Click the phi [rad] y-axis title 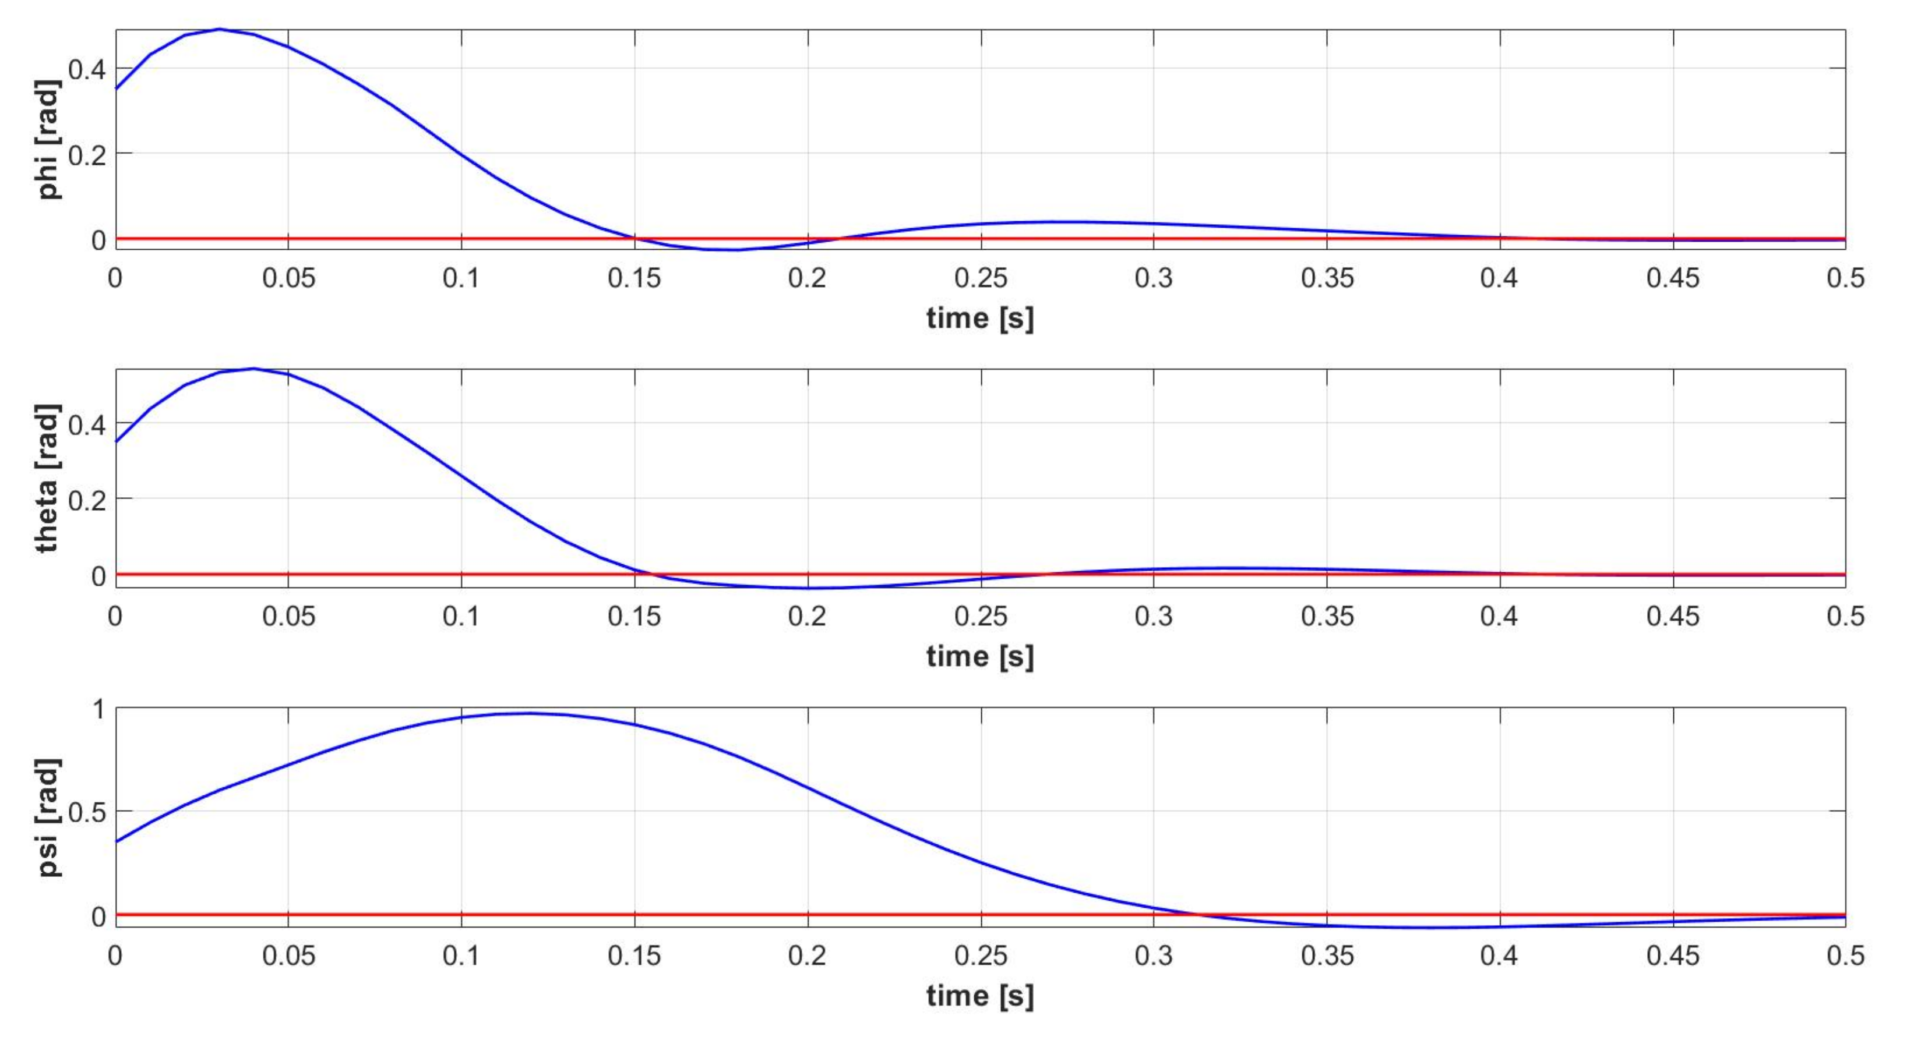pyautogui.click(x=49, y=140)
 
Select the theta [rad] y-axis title pyautogui.click(x=47, y=478)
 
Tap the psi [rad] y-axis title pyautogui.click(x=49, y=817)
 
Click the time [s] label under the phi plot pyautogui.click(x=979, y=318)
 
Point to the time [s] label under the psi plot pyautogui.click(x=979, y=995)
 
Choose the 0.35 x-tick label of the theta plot pyautogui.click(x=1327, y=617)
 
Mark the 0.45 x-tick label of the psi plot pyautogui.click(x=1672, y=955)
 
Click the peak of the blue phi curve pyautogui.click(x=220, y=30)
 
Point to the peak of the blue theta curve pyautogui.click(x=254, y=369)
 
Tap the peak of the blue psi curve pyautogui.click(x=530, y=713)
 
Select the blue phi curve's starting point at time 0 pyautogui.click(x=116, y=89)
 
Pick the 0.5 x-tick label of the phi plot pyautogui.click(x=1845, y=278)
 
